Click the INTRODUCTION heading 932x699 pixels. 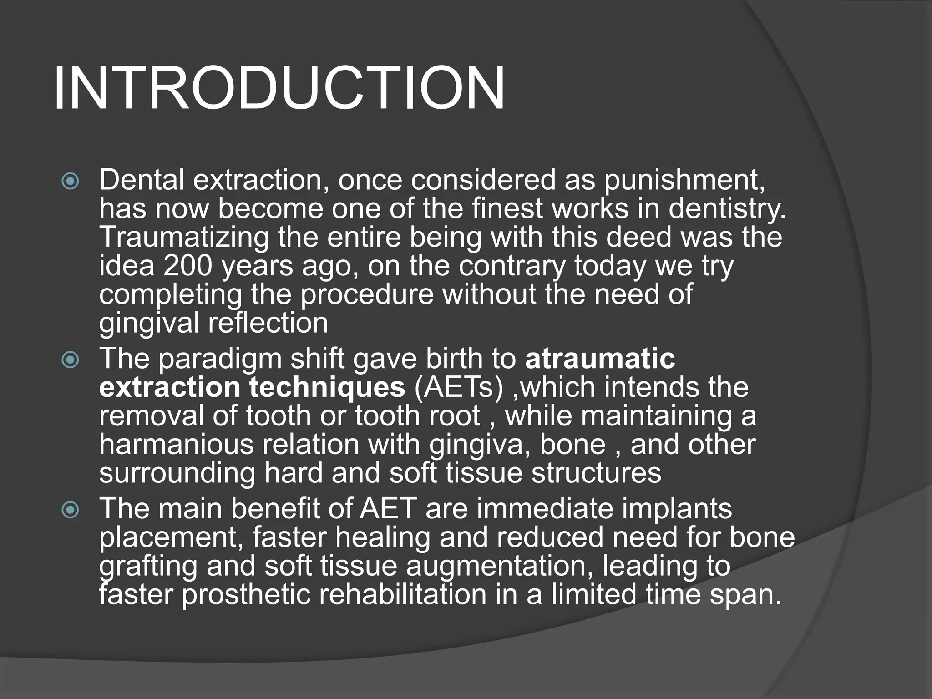click(x=279, y=88)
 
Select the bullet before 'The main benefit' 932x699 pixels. click(x=71, y=510)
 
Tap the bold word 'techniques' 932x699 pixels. click(x=327, y=388)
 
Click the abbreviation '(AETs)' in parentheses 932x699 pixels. click(x=459, y=388)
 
